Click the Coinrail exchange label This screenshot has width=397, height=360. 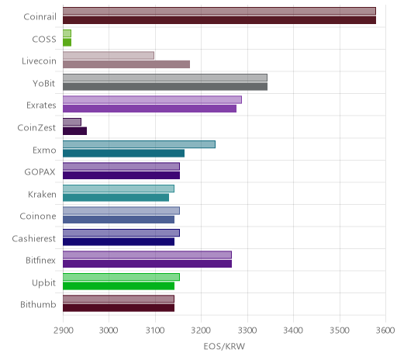coord(40,17)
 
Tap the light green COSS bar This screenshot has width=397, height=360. coord(67,33)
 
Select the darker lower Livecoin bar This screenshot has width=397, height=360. coord(126,64)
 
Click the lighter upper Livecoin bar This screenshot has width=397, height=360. coord(109,55)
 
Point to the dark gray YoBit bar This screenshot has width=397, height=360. coord(165,87)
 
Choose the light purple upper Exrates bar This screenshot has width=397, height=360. coord(152,100)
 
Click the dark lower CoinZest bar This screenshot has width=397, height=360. coord(74,131)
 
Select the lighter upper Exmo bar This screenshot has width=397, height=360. coord(139,144)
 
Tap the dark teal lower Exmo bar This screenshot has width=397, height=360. coord(123,154)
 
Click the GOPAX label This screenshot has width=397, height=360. coord(40,172)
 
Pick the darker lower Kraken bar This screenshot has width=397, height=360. coord(116,198)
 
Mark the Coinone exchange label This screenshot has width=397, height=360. coord(38,216)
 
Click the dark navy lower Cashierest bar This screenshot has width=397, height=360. coord(119,242)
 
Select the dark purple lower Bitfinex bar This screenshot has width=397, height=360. coord(147,264)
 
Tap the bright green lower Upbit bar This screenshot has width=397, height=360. coord(119,286)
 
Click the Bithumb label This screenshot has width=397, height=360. coord(38,305)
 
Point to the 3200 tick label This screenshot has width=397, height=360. coord(201,331)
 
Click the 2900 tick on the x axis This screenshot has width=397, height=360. coord(63,331)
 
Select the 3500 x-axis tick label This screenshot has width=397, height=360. coord(340,331)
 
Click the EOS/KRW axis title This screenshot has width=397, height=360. coord(224,346)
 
